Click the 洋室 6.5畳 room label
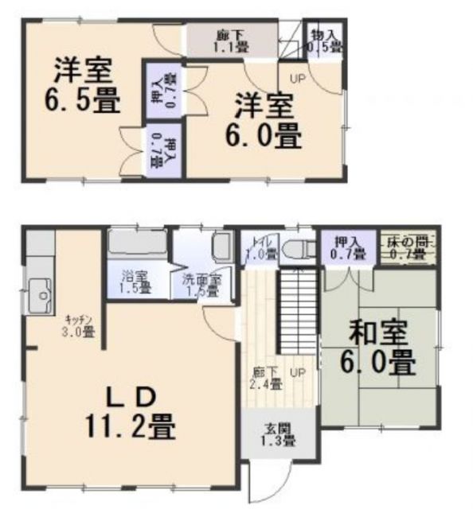pyautogui.click(x=83, y=85)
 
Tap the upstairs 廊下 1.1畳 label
pyautogui.click(x=230, y=41)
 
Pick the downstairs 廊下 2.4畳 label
pyautogui.click(x=267, y=379)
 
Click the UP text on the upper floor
pyautogui.click(x=297, y=78)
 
